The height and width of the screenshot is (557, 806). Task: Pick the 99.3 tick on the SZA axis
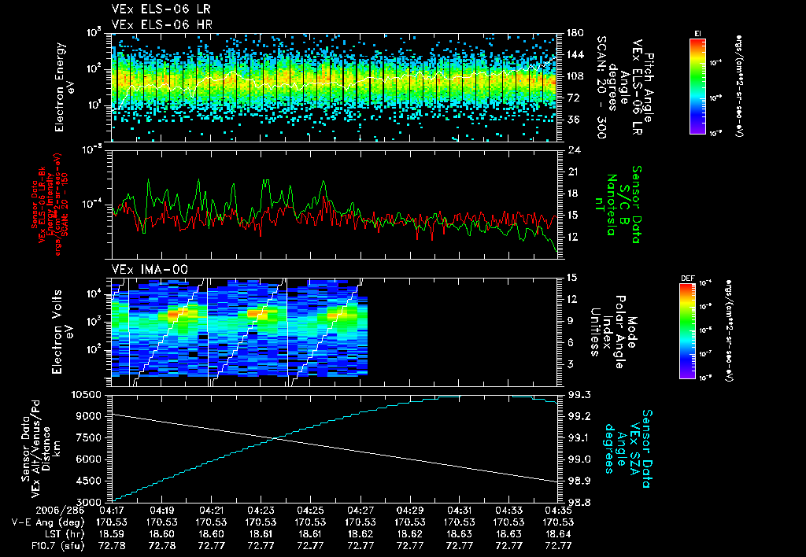579,394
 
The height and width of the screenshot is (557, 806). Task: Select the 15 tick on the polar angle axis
571,277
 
